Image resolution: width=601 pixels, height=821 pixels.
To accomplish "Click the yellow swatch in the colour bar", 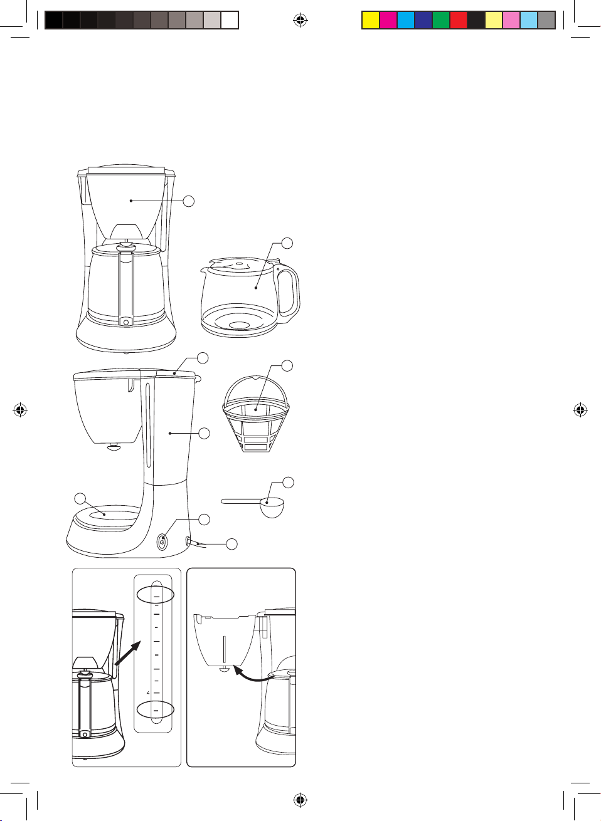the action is [x=371, y=20].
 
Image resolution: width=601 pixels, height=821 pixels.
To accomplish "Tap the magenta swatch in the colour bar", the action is [x=388, y=20].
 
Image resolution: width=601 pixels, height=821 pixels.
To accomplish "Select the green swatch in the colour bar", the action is [x=441, y=20].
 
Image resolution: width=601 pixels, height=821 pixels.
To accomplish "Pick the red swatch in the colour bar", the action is [x=459, y=20].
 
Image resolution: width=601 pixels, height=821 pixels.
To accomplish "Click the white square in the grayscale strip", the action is [x=230, y=20].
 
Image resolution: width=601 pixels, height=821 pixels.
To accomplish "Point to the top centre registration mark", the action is [x=300, y=20].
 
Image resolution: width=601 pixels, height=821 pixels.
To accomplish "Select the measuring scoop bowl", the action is [x=272, y=507].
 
